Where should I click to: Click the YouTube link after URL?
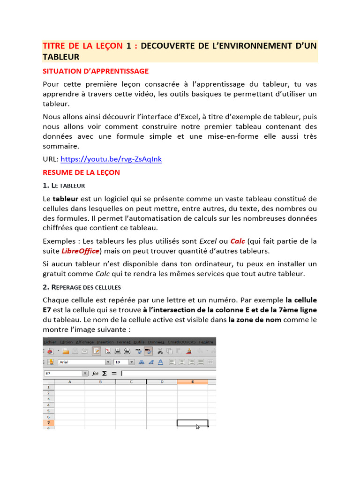click(x=111, y=159)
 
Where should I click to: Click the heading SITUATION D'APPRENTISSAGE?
click(x=96, y=71)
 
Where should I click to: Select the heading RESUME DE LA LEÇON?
click(x=81, y=172)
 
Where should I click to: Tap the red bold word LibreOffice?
click(x=80, y=251)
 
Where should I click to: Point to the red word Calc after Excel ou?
click(x=238, y=241)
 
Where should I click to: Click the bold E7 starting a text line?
click(x=47, y=310)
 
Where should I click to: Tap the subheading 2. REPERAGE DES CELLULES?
click(x=82, y=287)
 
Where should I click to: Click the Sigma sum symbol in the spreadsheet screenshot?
click(x=104, y=374)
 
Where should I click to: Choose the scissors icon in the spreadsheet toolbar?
click(x=160, y=351)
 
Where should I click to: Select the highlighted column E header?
click(x=192, y=382)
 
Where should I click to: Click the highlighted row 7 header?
click(x=48, y=423)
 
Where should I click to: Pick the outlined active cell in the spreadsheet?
click(x=192, y=423)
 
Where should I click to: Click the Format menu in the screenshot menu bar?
click(x=124, y=342)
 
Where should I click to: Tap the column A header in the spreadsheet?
click(x=69, y=382)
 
